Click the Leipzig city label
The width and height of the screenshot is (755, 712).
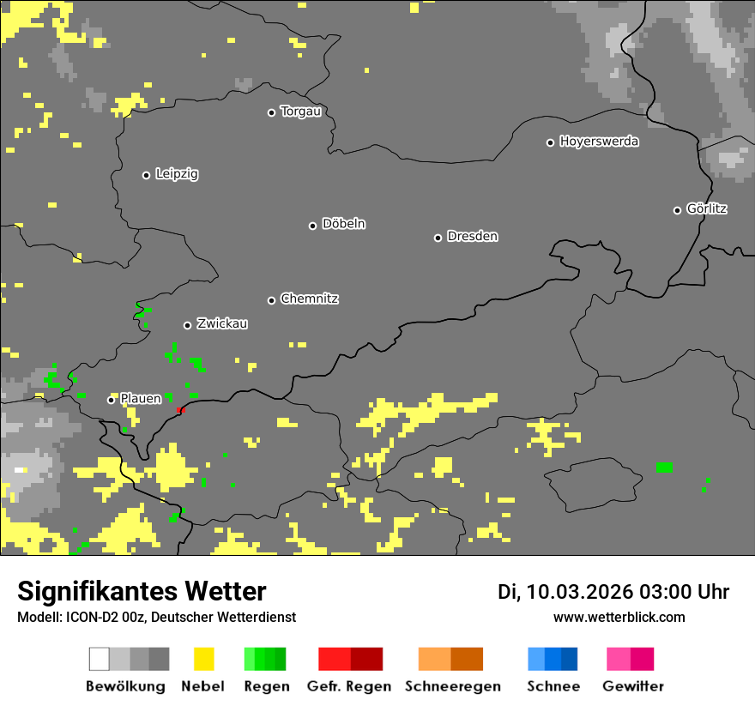pyautogui.click(x=177, y=174)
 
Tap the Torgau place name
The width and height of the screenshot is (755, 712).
pyautogui.click(x=300, y=112)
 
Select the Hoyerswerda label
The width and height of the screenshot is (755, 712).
pyautogui.click(x=599, y=142)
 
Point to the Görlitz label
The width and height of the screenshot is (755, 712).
pyautogui.click(x=707, y=208)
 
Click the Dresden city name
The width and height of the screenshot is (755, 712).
pyautogui.click(x=472, y=236)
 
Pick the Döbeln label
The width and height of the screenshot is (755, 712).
pyautogui.click(x=343, y=224)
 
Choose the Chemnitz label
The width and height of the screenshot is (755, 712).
pyautogui.click(x=309, y=299)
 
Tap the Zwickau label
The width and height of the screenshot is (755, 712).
pyautogui.click(x=222, y=323)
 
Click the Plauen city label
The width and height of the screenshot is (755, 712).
pyautogui.click(x=140, y=399)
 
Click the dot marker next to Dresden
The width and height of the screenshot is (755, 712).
pyautogui.click(x=438, y=238)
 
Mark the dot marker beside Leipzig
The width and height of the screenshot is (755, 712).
pyautogui.click(x=146, y=175)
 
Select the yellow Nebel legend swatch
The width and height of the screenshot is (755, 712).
pyautogui.click(x=203, y=659)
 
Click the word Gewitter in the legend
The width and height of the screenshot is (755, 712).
pyautogui.click(x=632, y=686)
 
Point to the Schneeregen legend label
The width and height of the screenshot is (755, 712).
pyautogui.click(x=452, y=686)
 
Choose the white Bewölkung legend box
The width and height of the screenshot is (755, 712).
pyautogui.click(x=100, y=659)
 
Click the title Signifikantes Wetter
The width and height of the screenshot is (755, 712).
pyautogui.click(x=142, y=591)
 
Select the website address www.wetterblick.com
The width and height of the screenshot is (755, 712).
pyautogui.click(x=619, y=617)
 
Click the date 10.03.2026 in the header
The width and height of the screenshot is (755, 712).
pyautogui.click(x=581, y=592)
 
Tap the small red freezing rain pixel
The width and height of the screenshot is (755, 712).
pyautogui.click(x=179, y=411)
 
